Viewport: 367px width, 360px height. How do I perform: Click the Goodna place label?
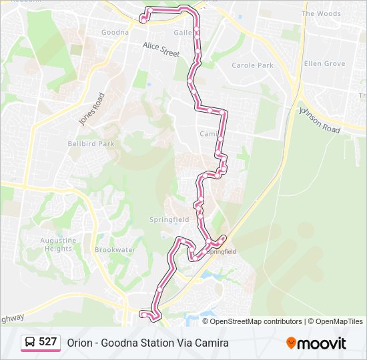pos(115,32)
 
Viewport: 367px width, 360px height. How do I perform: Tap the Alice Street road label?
pos(161,49)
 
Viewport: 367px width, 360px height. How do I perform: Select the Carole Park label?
pos(252,65)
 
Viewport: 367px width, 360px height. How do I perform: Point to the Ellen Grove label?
pos(324,64)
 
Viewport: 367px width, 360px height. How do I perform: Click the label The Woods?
pos(321,13)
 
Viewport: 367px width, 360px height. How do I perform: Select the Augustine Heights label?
pos(58,244)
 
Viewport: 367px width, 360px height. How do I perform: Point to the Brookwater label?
pos(115,250)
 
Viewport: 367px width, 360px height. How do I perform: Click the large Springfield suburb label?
pos(169,219)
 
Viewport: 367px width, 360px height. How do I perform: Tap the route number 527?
pos(47,342)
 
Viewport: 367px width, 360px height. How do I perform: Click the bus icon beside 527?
pos(31,343)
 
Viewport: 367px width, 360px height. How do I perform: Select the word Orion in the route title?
pos(79,343)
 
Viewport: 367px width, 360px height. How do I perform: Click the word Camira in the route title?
pos(213,343)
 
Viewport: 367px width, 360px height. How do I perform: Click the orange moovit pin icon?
pos(291,343)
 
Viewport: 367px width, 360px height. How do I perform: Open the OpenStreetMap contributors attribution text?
pos(256,321)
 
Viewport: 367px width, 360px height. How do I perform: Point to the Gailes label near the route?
pos(183,32)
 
